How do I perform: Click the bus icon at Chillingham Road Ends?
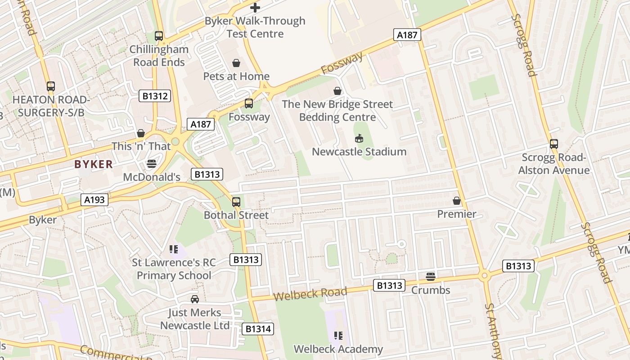pos(158,36)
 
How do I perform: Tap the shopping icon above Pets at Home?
pos(236,63)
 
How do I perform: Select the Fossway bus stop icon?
pos(248,103)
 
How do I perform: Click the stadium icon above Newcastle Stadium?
pos(359,138)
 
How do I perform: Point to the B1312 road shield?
pos(155,96)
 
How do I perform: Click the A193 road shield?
pos(95,200)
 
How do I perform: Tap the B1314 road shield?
pos(258,329)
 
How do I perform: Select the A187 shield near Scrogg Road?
pos(407,35)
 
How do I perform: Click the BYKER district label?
pos(94,164)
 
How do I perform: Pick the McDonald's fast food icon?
pos(152,164)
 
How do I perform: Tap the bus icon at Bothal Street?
pos(236,202)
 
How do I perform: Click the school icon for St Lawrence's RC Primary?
pos(174,249)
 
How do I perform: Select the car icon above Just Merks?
pos(194,299)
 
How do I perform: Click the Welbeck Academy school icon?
pos(338,335)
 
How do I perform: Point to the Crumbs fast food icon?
pos(431,276)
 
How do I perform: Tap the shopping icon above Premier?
pos(457,201)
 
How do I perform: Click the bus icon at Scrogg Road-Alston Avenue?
pos(554,144)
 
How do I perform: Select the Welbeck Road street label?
pos(310,294)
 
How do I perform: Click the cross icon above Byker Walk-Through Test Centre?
pos(255,7)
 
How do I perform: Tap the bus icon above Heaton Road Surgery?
pos(51,86)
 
